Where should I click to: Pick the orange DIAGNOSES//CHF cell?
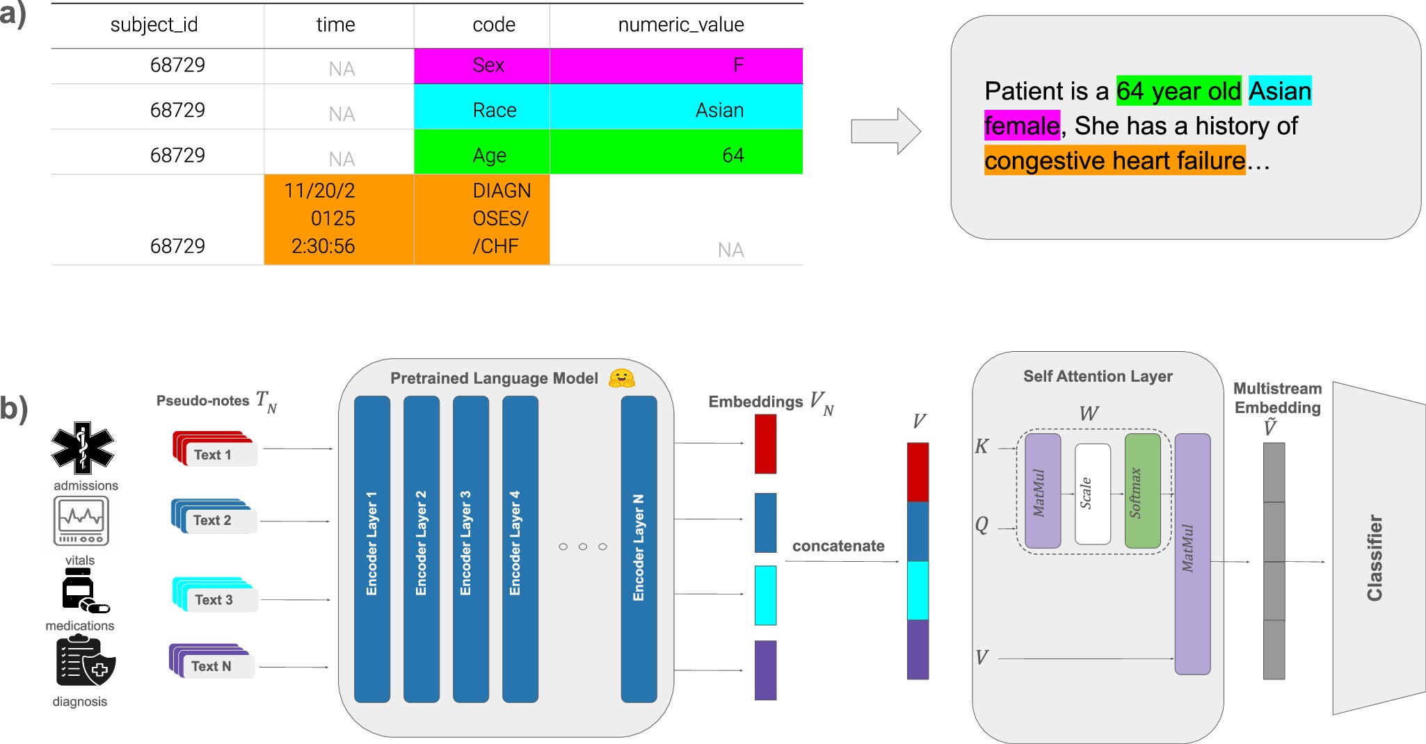481,219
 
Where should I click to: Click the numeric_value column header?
681,25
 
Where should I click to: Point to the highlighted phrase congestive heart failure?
1114,161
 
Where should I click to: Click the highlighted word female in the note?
1022,126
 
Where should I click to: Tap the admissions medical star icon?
83,448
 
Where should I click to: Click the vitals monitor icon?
81,521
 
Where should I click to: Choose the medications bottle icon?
84,591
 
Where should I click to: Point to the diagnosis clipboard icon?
85,663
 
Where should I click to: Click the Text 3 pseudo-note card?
215,595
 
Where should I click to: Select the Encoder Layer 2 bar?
422,549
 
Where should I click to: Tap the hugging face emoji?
621,378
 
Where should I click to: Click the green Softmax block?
1142,491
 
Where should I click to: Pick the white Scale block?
1093,494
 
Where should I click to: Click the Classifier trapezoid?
1378,548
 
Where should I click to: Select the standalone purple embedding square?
765,670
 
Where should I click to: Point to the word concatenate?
838,546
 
